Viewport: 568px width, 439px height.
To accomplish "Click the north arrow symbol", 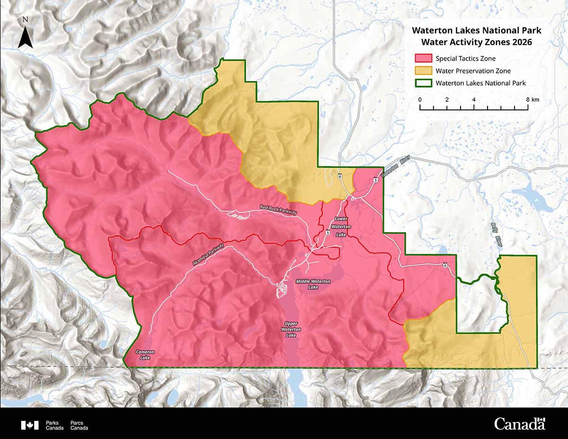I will coord(26,37).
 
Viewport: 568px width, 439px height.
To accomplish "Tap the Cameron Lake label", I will coord(145,355).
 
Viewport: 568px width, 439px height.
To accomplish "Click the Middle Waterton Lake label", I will coord(313,284).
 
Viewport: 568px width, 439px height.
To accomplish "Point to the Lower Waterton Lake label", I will coord(341,226).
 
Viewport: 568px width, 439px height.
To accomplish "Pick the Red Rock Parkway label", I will coord(278,210).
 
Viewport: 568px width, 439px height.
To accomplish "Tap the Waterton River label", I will coord(397,168).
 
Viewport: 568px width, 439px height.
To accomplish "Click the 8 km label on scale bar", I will coord(532,100).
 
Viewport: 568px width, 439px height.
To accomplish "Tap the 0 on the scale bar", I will coord(420,100).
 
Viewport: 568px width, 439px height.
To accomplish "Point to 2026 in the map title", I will coord(522,42).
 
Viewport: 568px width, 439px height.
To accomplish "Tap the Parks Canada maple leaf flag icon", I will coord(29,425).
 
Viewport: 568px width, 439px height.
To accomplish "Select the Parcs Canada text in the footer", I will coord(79,425).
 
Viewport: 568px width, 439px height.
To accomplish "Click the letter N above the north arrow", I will coord(26,20).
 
